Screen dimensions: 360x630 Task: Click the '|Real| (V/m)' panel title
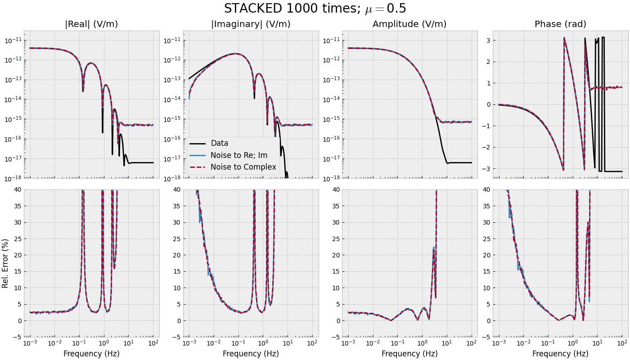91,24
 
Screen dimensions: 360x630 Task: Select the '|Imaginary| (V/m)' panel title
251,24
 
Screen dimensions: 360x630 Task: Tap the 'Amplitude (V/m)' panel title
409,24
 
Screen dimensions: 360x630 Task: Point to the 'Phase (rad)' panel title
560,24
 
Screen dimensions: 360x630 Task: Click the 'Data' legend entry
220,144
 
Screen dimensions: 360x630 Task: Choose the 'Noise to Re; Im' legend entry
239,155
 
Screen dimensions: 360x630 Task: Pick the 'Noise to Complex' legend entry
243,167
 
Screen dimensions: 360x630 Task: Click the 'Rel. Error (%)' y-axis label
5,263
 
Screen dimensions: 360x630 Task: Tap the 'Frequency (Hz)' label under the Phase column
560,354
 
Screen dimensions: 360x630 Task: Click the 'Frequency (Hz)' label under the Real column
91,354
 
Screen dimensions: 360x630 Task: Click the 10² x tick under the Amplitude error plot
471,343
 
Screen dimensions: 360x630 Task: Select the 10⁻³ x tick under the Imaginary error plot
189,343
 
